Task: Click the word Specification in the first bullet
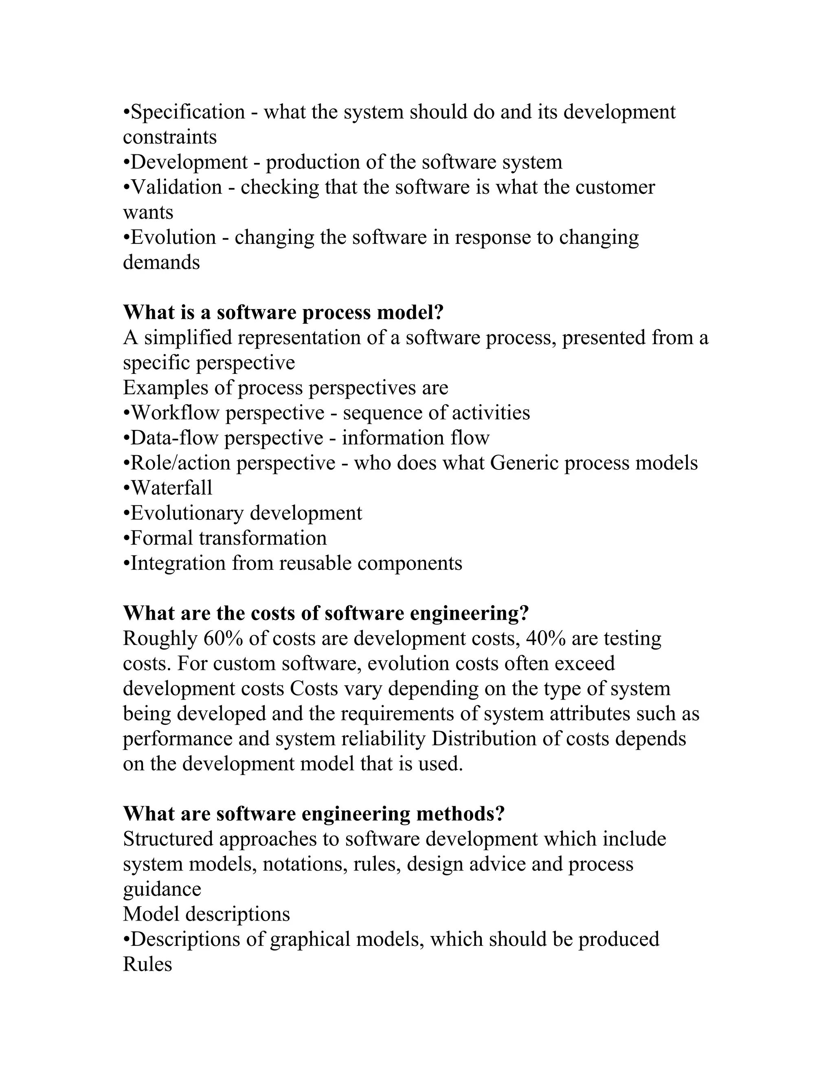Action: pos(188,112)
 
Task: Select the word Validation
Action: pos(176,187)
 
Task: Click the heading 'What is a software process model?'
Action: pos(283,312)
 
